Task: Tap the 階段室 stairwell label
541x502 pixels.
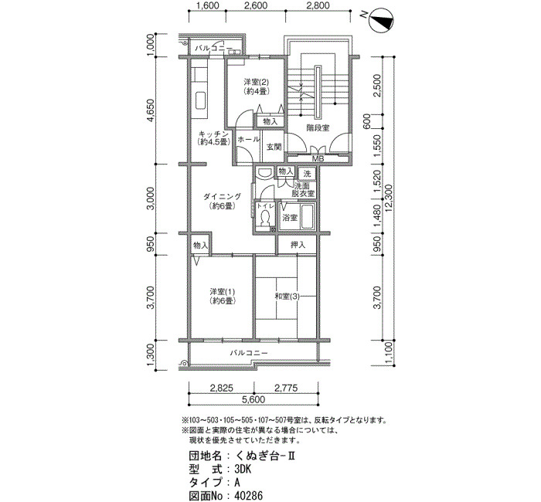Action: (318, 128)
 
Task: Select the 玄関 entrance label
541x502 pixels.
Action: (274, 147)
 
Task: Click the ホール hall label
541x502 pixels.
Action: (248, 139)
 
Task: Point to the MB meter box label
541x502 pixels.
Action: (318, 159)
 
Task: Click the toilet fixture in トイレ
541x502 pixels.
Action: (265, 219)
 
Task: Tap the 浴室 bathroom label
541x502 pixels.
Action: (290, 218)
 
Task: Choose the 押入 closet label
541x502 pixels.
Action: (298, 245)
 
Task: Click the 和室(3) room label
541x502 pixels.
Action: (287, 296)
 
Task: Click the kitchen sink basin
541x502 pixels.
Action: (201, 101)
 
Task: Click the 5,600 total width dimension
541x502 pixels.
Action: (253, 399)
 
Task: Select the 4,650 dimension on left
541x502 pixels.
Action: (151, 110)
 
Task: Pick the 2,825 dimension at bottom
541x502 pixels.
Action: (221, 388)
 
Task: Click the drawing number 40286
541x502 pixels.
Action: (248, 496)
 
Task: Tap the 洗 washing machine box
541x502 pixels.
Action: (307, 174)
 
